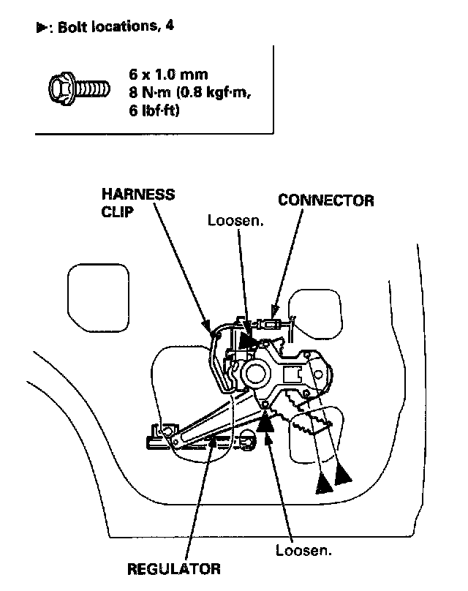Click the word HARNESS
138,195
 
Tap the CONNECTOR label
325,200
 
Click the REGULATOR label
174,570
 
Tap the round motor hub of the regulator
256,373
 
